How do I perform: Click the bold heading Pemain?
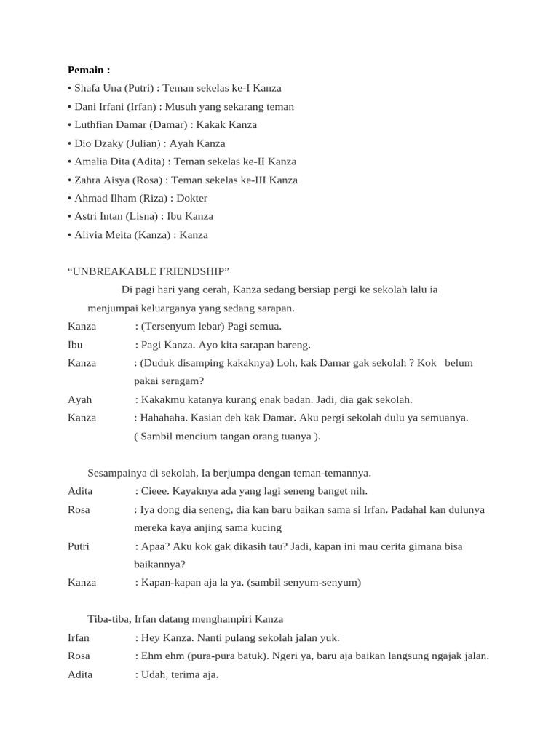click(x=89, y=71)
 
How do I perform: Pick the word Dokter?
click(x=191, y=198)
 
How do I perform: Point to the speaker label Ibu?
click(x=75, y=345)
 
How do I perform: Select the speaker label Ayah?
click(x=79, y=399)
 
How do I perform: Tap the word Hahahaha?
click(x=164, y=418)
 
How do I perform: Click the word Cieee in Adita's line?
click(x=153, y=491)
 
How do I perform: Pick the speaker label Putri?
click(x=79, y=546)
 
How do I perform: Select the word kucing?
click(x=266, y=527)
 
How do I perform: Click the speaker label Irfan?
click(x=79, y=637)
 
